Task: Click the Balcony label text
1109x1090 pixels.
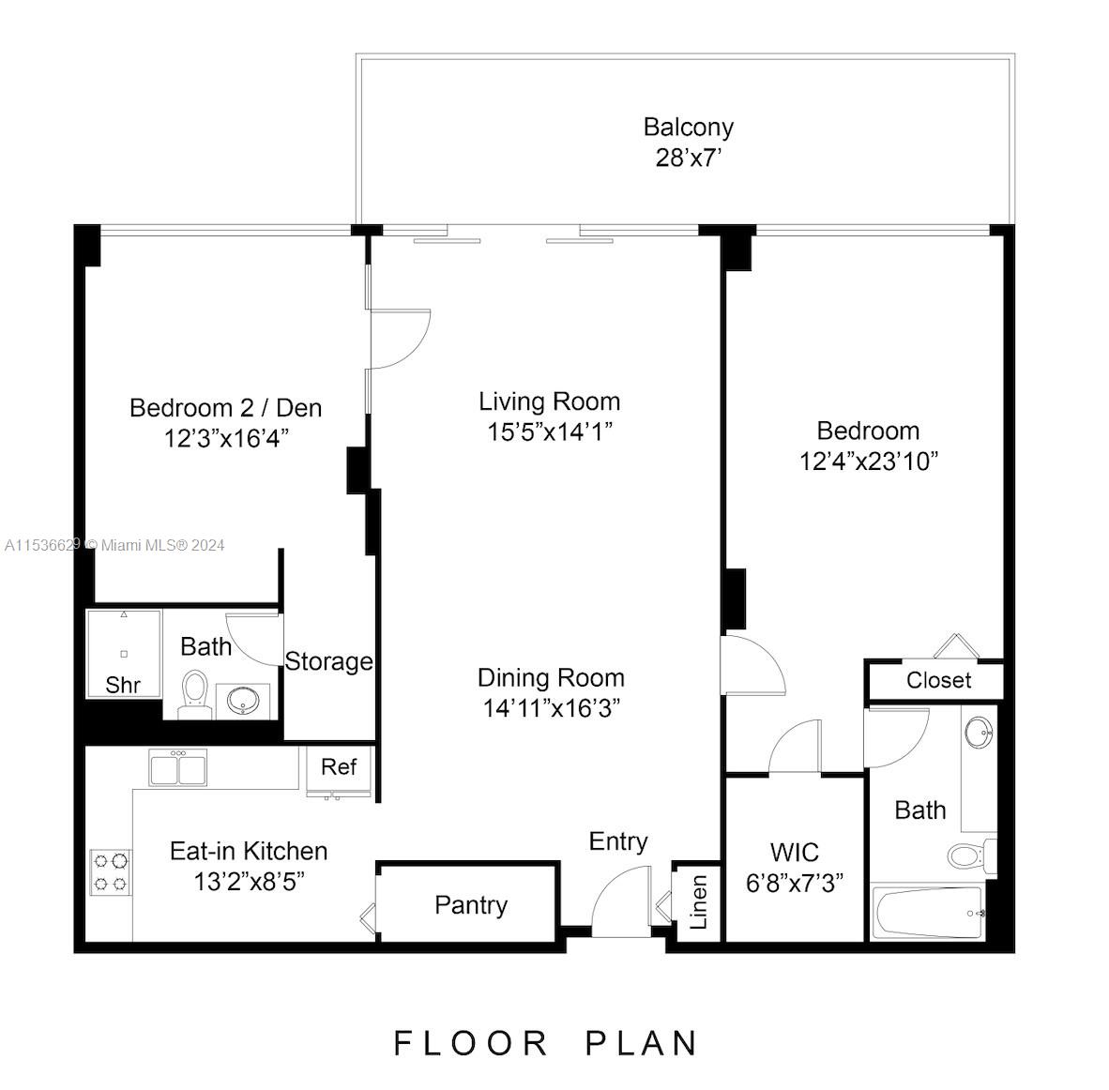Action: tap(688, 127)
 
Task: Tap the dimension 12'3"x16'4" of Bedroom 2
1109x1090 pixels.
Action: tap(225, 438)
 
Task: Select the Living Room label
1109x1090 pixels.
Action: tap(549, 401)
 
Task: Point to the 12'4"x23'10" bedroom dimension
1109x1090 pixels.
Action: tap(868, 462)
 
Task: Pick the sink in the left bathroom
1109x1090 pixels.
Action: tap(244, 699)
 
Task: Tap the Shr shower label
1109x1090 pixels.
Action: tap(123, 685)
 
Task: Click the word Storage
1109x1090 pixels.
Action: tap(328, 662)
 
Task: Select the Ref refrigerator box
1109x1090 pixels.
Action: tap(339, 767)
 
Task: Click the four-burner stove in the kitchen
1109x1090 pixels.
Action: tap(110, 872)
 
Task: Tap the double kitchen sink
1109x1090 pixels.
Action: tap(178, 767)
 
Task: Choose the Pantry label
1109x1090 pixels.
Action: tap(471, 905)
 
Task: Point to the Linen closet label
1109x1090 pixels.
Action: tap(699, 902)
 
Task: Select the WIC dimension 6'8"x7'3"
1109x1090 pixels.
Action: tap(794, 883)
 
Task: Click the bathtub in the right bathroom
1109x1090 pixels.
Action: tap(928, 912)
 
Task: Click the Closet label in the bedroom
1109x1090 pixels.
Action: tap(938, 681)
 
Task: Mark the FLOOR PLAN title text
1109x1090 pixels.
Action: tap(546, 1043)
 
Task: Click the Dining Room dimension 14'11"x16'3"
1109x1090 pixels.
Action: tap(551, 708)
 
